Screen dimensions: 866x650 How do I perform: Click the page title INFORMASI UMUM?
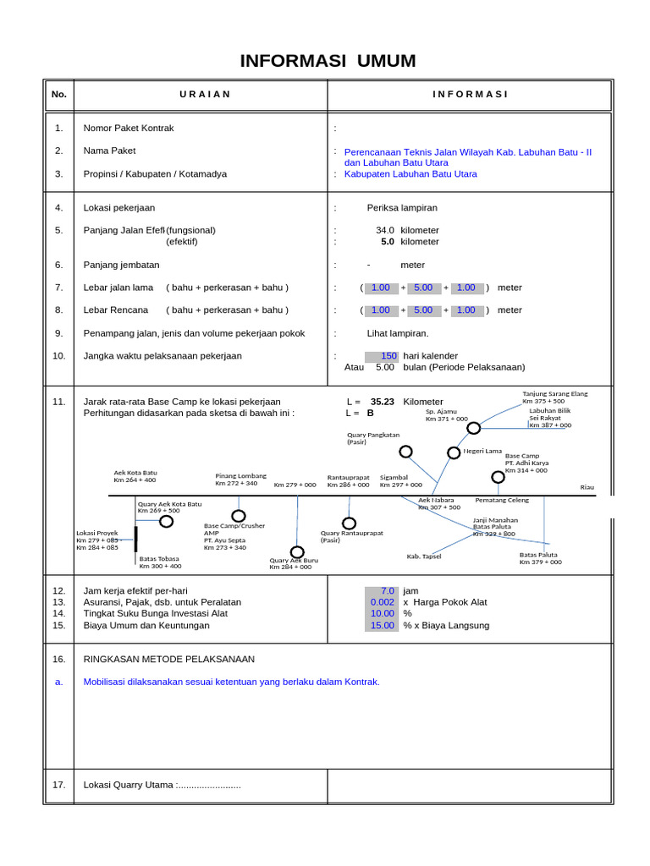click(328, 61)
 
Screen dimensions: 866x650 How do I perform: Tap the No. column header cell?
click(58, 95)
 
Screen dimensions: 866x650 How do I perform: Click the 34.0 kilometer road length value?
click(385, 230)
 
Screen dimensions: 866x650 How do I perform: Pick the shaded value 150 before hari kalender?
click(382, 356)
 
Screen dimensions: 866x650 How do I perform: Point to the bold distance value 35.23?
click(383, 402)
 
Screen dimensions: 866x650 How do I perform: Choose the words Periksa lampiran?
click(402, 207)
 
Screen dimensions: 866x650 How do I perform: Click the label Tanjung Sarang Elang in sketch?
click(554, 394)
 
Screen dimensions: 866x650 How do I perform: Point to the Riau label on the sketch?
click(587, 487)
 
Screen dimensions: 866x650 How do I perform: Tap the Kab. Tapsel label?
click(424, 556)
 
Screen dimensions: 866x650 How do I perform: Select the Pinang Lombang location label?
click(240, 476)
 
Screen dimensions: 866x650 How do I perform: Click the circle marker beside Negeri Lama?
click(454, 452)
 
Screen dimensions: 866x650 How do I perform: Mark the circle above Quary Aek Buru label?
click(297, 552)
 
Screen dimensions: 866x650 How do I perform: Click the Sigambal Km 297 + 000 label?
click(400, 481)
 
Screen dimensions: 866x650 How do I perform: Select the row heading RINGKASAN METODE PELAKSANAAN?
click(168, 659)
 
